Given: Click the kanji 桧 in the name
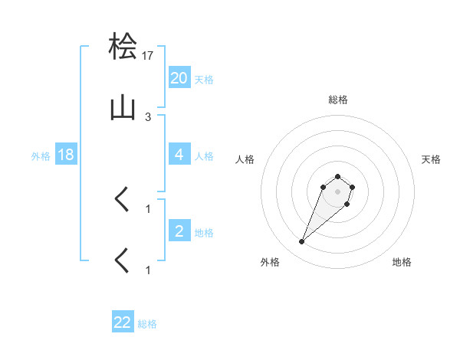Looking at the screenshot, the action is (124, 47).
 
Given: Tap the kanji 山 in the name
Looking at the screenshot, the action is (124, 109).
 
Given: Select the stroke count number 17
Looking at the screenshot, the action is (148, 55).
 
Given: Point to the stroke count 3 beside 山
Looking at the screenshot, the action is (148, 116).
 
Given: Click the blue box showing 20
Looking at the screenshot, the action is (179, 77).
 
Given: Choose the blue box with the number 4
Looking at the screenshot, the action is (179, 155).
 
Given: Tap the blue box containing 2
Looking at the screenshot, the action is (179, 231).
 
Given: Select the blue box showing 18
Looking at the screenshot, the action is (66, 155).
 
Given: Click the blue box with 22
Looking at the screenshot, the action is (123, 322).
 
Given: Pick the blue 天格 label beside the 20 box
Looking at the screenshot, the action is (204, 79).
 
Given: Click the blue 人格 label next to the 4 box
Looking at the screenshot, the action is (204, 155).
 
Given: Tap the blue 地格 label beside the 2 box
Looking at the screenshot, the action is (204, 232).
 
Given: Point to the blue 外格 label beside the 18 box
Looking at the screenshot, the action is (41, 155).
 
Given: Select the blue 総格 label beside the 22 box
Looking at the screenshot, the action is (147, 324).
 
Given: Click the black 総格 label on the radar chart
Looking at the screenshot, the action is (337, 100).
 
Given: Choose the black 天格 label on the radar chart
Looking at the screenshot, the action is (431, 159).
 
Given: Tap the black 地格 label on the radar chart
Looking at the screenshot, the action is (402, 262).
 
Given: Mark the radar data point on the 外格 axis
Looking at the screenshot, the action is (302, 242).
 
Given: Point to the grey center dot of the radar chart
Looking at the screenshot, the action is (337, 191).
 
